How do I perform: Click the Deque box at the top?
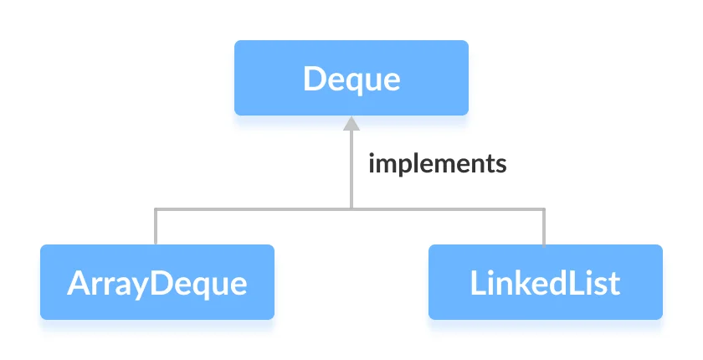(x=351, y=78)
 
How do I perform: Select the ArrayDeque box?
(x=157, y=282)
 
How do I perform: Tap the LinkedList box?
(x=545, y=282)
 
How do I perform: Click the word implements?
(x=438, y=162)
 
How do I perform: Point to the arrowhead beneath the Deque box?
(x=351, y=123)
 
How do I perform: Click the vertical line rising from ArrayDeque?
(x=157, y=227)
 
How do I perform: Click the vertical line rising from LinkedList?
(x=545, y=227)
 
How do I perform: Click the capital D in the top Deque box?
(x=314, y=79)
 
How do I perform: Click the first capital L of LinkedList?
(x=476, y=283)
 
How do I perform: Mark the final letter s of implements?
(x=501, y=163)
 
